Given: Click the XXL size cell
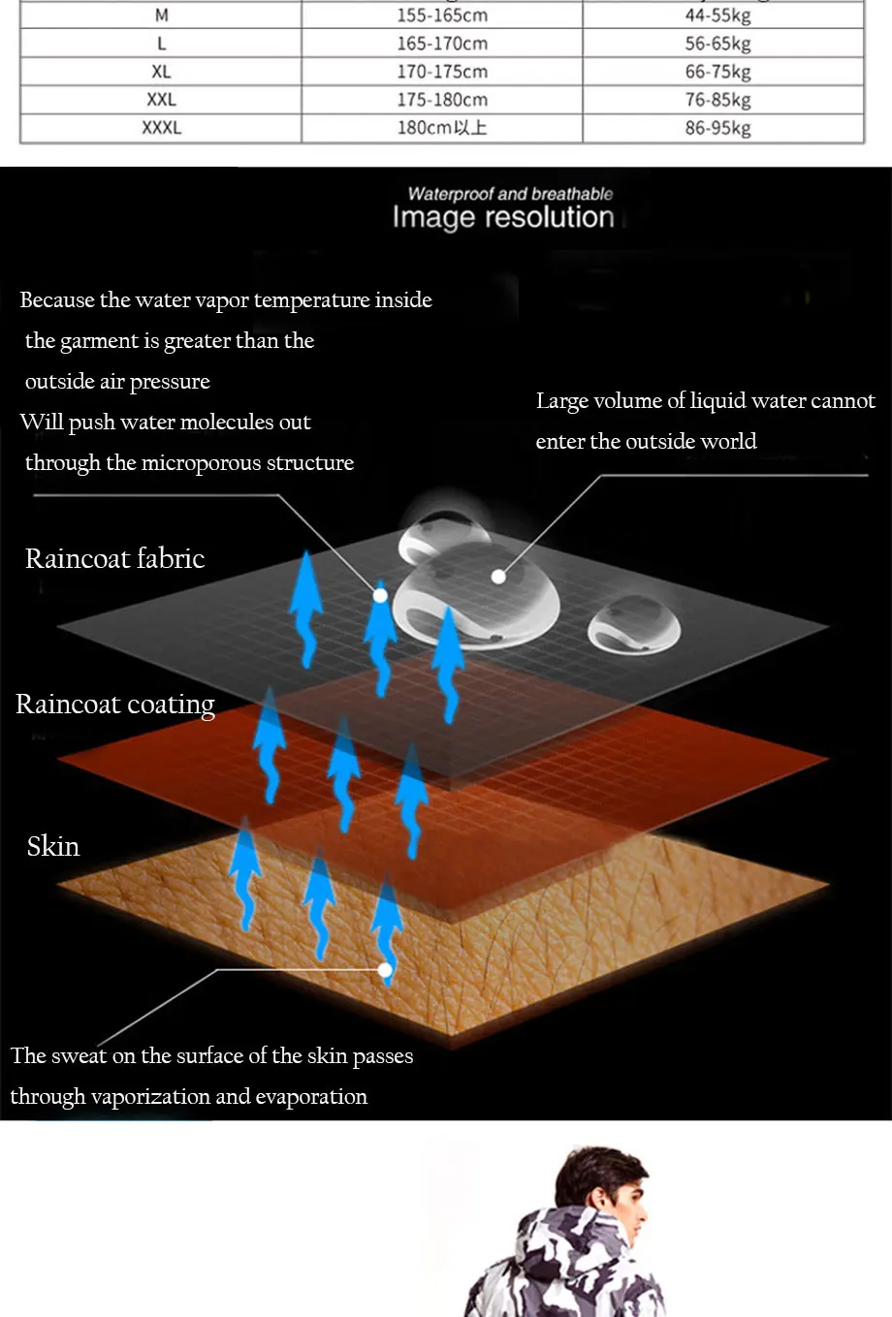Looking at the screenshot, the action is click(x=161, y=100).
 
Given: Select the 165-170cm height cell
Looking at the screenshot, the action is click(x=442, y=44).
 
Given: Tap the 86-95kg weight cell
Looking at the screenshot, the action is click(x=717, y=128).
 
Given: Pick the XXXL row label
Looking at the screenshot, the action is click(x=161, y=128).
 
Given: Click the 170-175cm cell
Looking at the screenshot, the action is click(x=442, y=72).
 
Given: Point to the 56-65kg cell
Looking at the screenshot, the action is click(x=717, y=44).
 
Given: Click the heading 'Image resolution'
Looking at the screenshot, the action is click(x=503, y=218).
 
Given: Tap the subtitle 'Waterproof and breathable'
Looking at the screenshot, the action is click(x=510, y=194).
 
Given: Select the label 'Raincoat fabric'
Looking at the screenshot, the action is click(x=114, y=559).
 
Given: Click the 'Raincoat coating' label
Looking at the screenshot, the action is click(x=114, y=705).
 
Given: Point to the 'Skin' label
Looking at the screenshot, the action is click(x=53, y=847).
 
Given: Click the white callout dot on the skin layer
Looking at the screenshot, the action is click(x=385, y=969).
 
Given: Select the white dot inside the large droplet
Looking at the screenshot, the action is click(x=498, y=577).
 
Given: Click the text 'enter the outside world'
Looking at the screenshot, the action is click(x=646, y=442).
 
